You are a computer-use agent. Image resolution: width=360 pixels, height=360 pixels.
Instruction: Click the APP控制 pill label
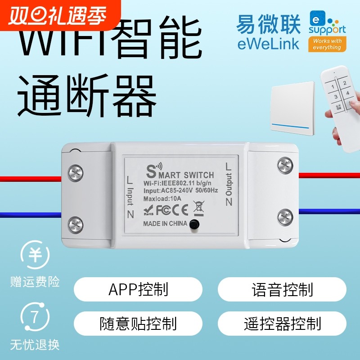[x=138, y=289]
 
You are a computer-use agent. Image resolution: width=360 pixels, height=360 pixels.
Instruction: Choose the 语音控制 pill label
[x=282, y=289]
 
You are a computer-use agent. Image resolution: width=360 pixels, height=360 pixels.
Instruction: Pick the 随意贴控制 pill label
[x=138, y=323]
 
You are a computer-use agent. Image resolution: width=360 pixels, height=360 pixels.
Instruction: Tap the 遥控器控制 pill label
[x=282, y=323]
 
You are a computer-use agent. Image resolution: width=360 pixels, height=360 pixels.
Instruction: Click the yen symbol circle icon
[x=35, y=255]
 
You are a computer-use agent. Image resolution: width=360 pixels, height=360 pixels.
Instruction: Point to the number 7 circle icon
[x=35, y=317]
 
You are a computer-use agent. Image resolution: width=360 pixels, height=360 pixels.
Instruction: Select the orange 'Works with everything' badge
[x=328, y=44]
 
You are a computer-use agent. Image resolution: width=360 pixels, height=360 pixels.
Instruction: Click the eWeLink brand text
[x=269, y=44]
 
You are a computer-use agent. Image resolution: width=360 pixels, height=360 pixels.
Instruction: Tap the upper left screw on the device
[x=75, y=173]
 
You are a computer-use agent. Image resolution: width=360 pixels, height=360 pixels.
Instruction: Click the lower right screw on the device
[x=285, y=218]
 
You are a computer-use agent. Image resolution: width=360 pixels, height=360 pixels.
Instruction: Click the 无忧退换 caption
[x=35, y=346]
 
